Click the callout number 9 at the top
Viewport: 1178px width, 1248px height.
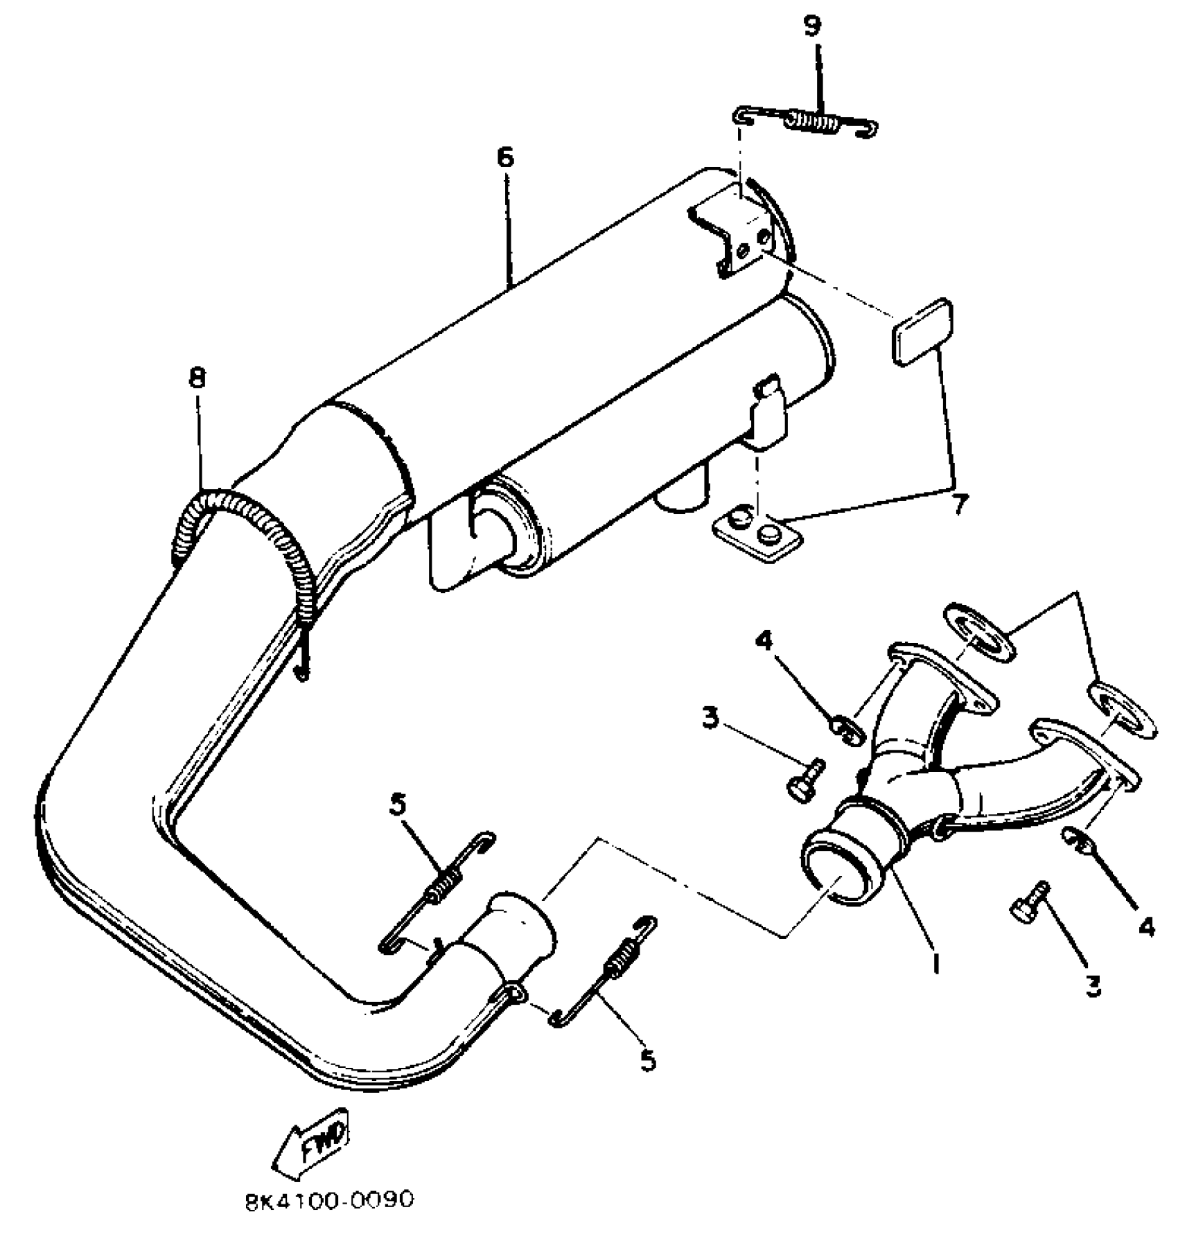pos(811,26)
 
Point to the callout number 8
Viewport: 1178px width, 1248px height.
pos(197,378)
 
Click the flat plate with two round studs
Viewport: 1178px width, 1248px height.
pos(756,535)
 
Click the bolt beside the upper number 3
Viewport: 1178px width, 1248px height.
pos(806,779)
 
